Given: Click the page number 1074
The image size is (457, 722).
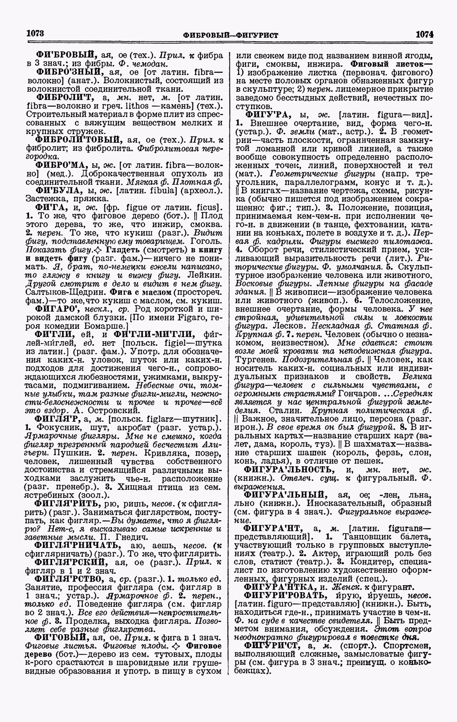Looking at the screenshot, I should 424,34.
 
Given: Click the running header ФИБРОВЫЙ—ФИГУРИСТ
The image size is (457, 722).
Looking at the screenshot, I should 230,35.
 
